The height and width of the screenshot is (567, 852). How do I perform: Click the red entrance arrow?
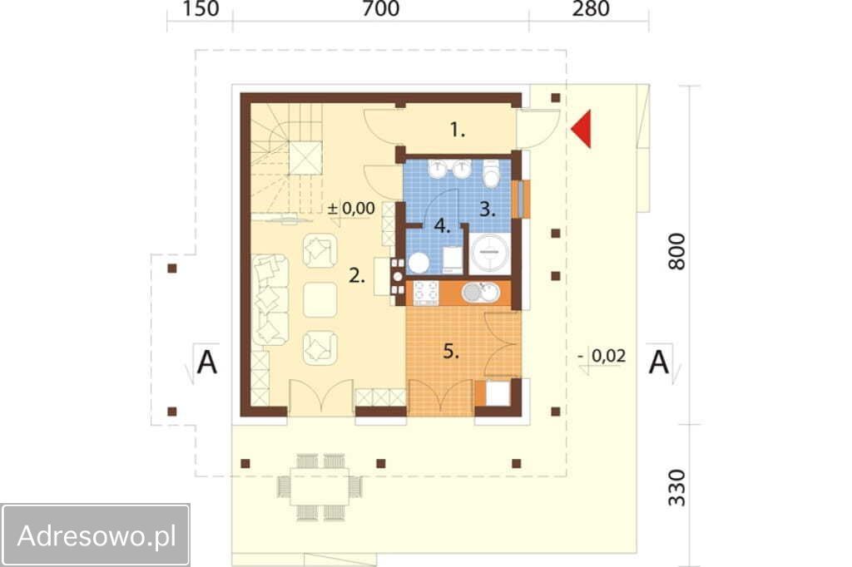click(x=582, y=129)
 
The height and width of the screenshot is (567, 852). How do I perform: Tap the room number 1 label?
click(x=458, y=130)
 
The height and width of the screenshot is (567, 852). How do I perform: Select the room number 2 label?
click(x=356, y=276)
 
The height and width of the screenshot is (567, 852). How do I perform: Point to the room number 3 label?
click(x=488, y=210)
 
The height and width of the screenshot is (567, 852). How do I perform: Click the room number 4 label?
click(x=443, y=226)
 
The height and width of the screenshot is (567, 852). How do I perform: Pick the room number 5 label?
click(x=451, y=351)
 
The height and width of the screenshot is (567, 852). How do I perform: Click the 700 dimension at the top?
click(x=380, y=8)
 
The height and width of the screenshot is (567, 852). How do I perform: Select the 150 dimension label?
click(x=201, y=8)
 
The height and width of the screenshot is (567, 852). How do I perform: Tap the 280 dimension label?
click(x=590, y=8)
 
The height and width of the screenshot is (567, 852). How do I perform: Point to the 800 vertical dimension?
click(x=676, y=251)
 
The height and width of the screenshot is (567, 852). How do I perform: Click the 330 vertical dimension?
click(x=676, y=488)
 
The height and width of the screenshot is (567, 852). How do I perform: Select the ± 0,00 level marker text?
click(x=352, y=209)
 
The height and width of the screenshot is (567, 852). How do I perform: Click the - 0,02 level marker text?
click(x=602, y=356)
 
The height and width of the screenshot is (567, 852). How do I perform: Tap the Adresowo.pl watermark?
click(x=97, y=535)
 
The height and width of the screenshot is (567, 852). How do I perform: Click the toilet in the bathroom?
click(x=492, y=174)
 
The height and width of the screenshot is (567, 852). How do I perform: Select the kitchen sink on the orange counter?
click(x=480, y=292)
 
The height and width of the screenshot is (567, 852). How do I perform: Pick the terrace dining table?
click(x=319, y=487)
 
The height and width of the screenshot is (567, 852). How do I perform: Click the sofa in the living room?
click(x=270, y=300)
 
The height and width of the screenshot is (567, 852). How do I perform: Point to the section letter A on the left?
click(x=206, y=362)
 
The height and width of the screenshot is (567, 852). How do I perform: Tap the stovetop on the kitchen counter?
click(x=426, y=292)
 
